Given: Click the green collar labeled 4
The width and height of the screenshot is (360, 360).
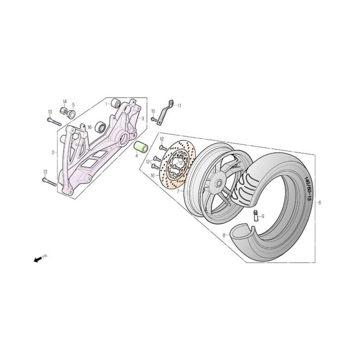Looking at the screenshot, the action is [x=141, y=147].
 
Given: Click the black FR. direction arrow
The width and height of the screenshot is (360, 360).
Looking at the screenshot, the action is [x=38, y=259].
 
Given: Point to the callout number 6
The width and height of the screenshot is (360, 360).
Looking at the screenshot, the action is [x=320, y=203].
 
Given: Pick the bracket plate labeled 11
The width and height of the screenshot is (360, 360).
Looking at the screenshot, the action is [x=165, y=112].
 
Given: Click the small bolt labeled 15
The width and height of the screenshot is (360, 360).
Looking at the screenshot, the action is [x=154, y=119].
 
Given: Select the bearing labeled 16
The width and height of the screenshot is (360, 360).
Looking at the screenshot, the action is [x=101, y=127].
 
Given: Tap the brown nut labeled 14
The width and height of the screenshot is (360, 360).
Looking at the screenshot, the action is [x=64, y=111].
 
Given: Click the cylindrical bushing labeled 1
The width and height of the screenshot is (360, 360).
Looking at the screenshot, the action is [x=115, y=103].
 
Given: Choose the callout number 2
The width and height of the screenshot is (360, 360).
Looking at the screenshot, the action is [x=53, y=152].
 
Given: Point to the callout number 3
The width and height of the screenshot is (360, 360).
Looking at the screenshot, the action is [x=143, y=118].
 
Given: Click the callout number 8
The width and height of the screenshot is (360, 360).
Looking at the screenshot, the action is [x=224, y=235].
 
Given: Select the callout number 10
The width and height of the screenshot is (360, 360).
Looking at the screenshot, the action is [x=153, y=176].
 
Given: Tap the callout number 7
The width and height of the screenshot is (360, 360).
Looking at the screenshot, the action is [x=178, y=191].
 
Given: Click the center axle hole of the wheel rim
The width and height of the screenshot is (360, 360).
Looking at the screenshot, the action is [x=218, y=183].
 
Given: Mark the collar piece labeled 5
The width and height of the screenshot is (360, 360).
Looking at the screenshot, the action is [x=71, y=114].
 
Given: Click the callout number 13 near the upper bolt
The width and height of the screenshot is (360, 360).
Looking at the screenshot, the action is [x=50, y=112].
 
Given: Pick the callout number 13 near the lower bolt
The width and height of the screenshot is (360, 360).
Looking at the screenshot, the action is [x=45, y=172].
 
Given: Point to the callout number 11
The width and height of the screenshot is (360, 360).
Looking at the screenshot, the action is [x=179, y=106].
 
